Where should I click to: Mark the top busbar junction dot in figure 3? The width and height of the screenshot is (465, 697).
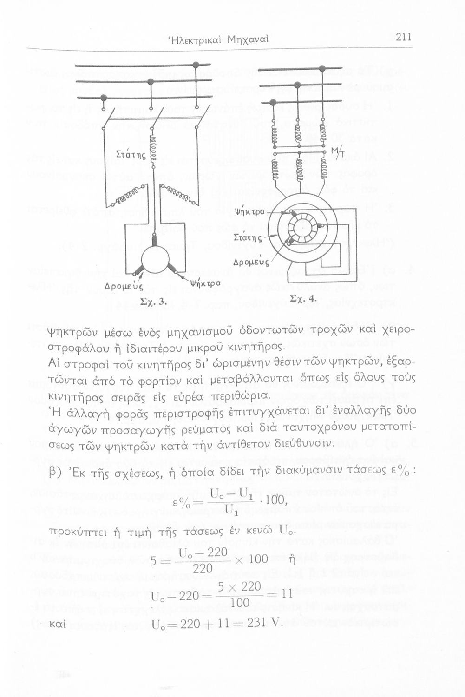click(196, 65)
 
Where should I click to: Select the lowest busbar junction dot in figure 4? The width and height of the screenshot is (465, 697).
click(273, 102)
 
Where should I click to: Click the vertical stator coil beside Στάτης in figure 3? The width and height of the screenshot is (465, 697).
click(152, 151)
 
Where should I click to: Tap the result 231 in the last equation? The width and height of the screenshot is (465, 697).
click(256, 623)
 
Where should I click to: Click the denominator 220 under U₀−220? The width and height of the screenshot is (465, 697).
click(202, 568)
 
